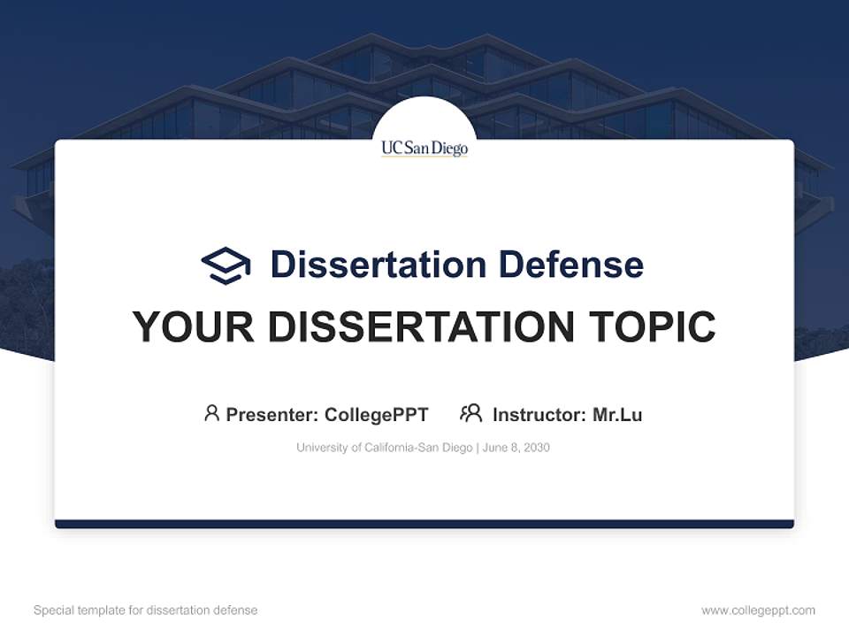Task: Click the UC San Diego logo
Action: [x=424, y=148]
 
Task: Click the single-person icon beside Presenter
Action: [x=211, y=413]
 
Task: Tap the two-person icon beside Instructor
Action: [x=470, y=413]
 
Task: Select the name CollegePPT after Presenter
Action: [x=376, y=415]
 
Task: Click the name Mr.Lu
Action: [x=617, y=415]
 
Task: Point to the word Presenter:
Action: [x=272, y=415]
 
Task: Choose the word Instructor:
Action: [x=539, y=415]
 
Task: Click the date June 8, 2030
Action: [x=516, y=448]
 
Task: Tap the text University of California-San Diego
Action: [x=384, y=448]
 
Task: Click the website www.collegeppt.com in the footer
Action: [x=758, y=610]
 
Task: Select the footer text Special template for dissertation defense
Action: [x=145, y=610]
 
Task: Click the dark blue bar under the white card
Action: [x=424, y=525]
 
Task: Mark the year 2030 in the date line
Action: [x=537, y=448]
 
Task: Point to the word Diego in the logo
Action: [x=449, y=148]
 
